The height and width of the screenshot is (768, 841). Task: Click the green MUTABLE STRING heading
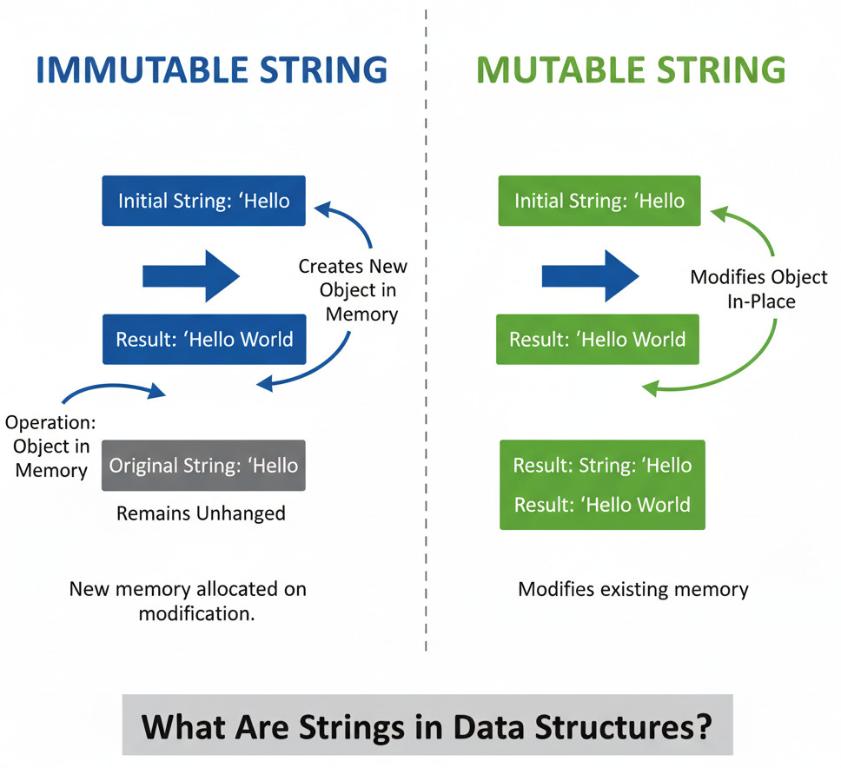click(x=631, y=70)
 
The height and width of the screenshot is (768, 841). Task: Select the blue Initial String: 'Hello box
click(x=204, y=201)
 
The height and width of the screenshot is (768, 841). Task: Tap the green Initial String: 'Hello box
click(x=599, y=201)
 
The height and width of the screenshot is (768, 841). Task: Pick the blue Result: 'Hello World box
click(x=204, y=339)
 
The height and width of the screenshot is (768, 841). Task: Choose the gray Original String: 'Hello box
click(x=204, y=466)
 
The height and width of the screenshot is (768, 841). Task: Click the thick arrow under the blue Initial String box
click(x=191, y=276)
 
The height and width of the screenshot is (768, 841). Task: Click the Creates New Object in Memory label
click(x=353, y=289)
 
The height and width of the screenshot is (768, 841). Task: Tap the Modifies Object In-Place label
click(x=758, y=289)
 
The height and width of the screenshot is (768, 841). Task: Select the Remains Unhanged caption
click(x=201, y=513)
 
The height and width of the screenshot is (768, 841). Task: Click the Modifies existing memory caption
click(x=632, y=590)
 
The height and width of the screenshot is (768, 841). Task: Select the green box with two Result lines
click(x=602, y=485)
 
